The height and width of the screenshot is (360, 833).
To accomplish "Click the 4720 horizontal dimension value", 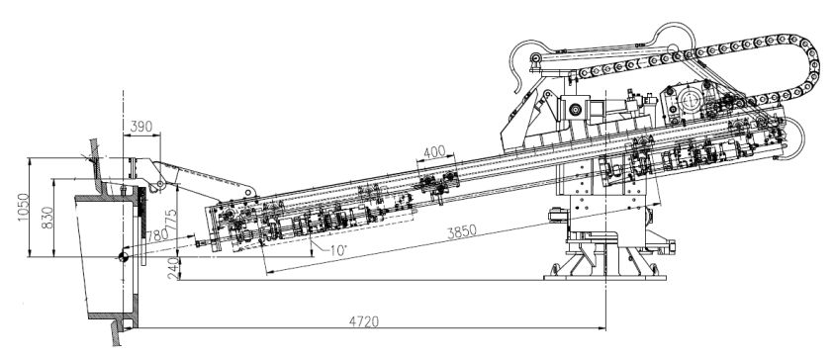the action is (364, 321).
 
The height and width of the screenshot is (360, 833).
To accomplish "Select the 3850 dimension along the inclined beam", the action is (461, 232).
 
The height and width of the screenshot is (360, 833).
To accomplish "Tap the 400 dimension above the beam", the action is (434, 152).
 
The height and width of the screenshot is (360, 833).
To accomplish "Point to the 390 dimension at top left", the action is (141, 127).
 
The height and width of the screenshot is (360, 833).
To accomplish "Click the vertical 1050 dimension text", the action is (24, 207).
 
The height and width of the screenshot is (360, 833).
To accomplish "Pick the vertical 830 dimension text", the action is (47, 218).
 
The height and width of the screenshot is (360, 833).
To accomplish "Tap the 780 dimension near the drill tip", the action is (156, 235).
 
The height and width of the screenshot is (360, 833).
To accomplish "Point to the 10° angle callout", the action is (338, 250).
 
